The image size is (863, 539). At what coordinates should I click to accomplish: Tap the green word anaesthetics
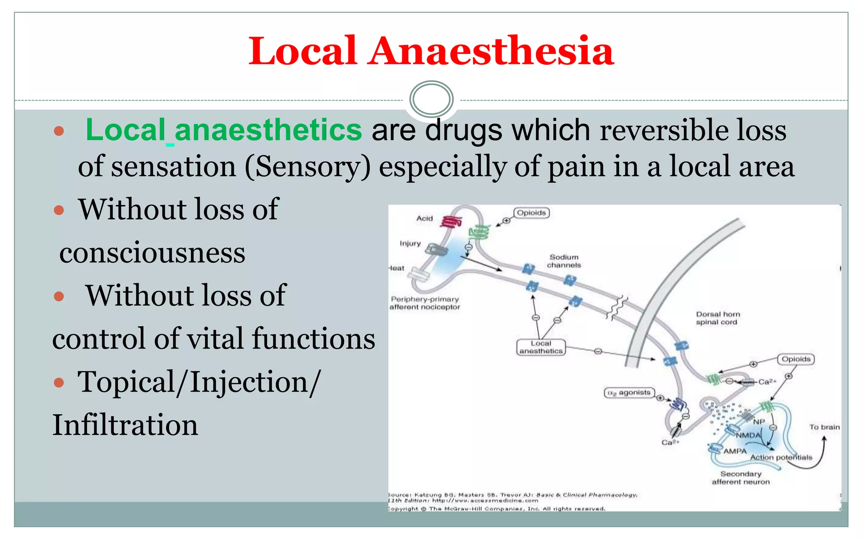click(268, 130)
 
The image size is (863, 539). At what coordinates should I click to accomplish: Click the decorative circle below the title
click(431, 99)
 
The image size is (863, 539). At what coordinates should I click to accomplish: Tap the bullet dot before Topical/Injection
click(59, 383)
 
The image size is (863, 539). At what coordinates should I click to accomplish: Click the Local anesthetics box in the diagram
click(541, 347)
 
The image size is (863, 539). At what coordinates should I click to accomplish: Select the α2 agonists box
click(629, 392)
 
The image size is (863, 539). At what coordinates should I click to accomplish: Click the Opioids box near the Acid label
click(531, 213)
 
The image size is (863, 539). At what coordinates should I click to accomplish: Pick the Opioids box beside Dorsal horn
click(796, 359)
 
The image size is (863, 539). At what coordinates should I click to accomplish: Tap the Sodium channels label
click(564, 261)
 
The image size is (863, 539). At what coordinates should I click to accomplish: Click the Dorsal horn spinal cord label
click(718, 318)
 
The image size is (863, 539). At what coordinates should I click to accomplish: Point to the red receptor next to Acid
click(451, 221)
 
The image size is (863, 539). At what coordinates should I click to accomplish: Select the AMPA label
click(734, 451)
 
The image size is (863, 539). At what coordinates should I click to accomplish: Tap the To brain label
click(824, 427)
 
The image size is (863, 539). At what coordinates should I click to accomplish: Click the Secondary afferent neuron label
click(741, 478)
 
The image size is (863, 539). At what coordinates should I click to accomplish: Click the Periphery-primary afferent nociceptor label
click(425, 303)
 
